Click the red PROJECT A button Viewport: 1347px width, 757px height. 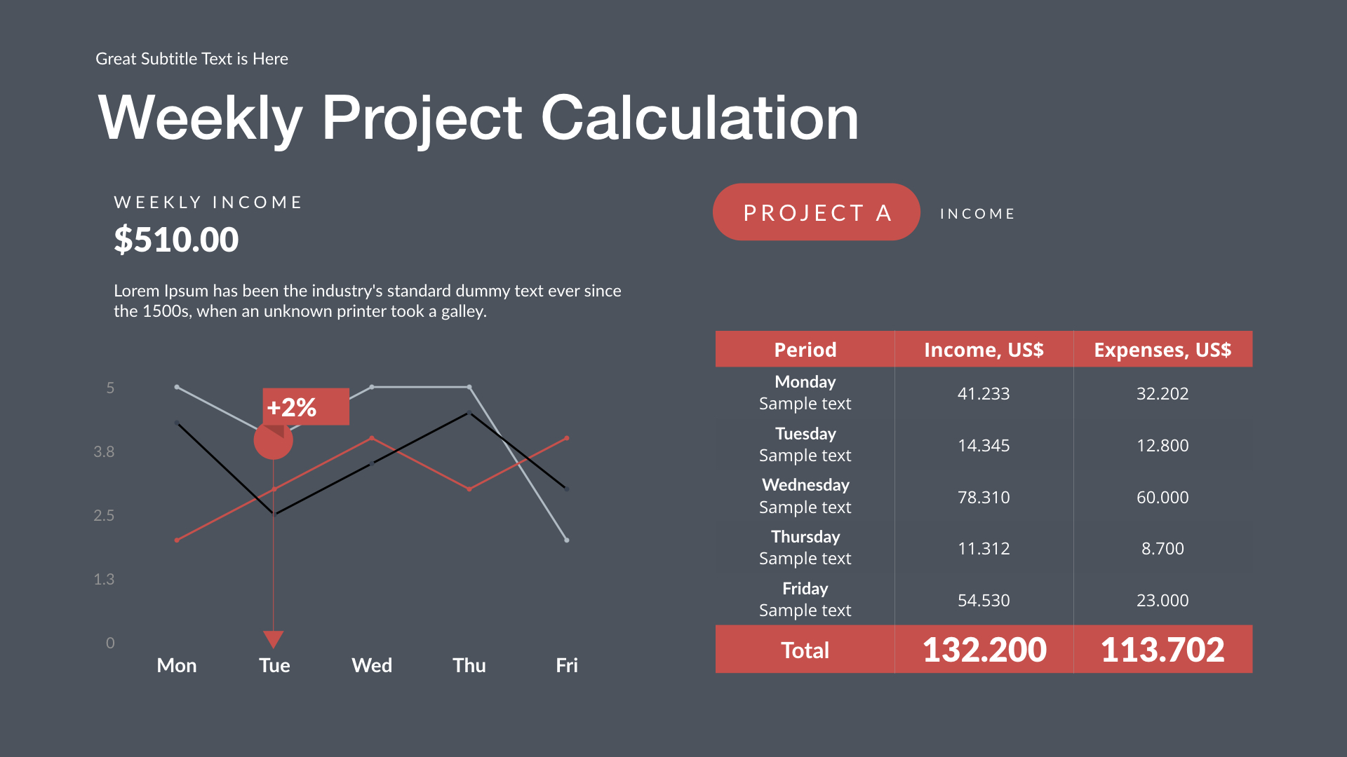point(816,212)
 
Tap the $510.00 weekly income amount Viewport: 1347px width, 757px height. point(176,240)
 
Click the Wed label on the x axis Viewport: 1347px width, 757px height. point(372,665)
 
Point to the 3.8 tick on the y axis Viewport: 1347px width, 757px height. point(104,452)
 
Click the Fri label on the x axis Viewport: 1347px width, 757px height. point(567,665)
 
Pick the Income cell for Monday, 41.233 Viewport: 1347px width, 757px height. point(984,394)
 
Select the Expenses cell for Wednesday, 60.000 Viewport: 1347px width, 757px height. point(1162,498)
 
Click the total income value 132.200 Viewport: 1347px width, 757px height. point(984,649)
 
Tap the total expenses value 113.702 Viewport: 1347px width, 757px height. point(1162,649)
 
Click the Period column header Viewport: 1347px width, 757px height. point(805,350)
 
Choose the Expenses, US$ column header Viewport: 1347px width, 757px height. point(1162,350)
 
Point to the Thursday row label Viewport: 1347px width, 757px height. point(805,537)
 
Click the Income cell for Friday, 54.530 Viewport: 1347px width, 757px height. point(984,601)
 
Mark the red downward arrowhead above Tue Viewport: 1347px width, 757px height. point(273,639)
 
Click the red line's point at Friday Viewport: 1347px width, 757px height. point(567,438)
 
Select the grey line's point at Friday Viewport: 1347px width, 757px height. point(567,540)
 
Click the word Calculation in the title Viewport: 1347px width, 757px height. point(699,118)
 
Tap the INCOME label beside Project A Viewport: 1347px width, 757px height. point(977,214)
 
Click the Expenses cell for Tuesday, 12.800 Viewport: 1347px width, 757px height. point(1162,446)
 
